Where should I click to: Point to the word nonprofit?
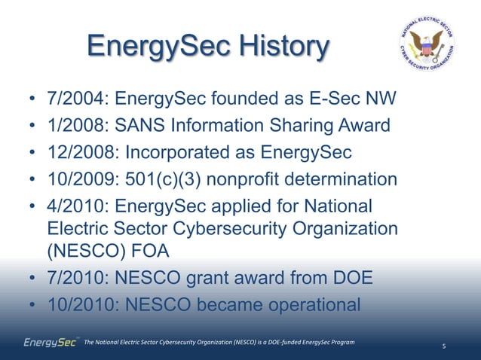(x=252, y=179)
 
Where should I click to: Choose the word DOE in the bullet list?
(x=352, y=279)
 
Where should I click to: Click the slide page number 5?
(x=444, y=346)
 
